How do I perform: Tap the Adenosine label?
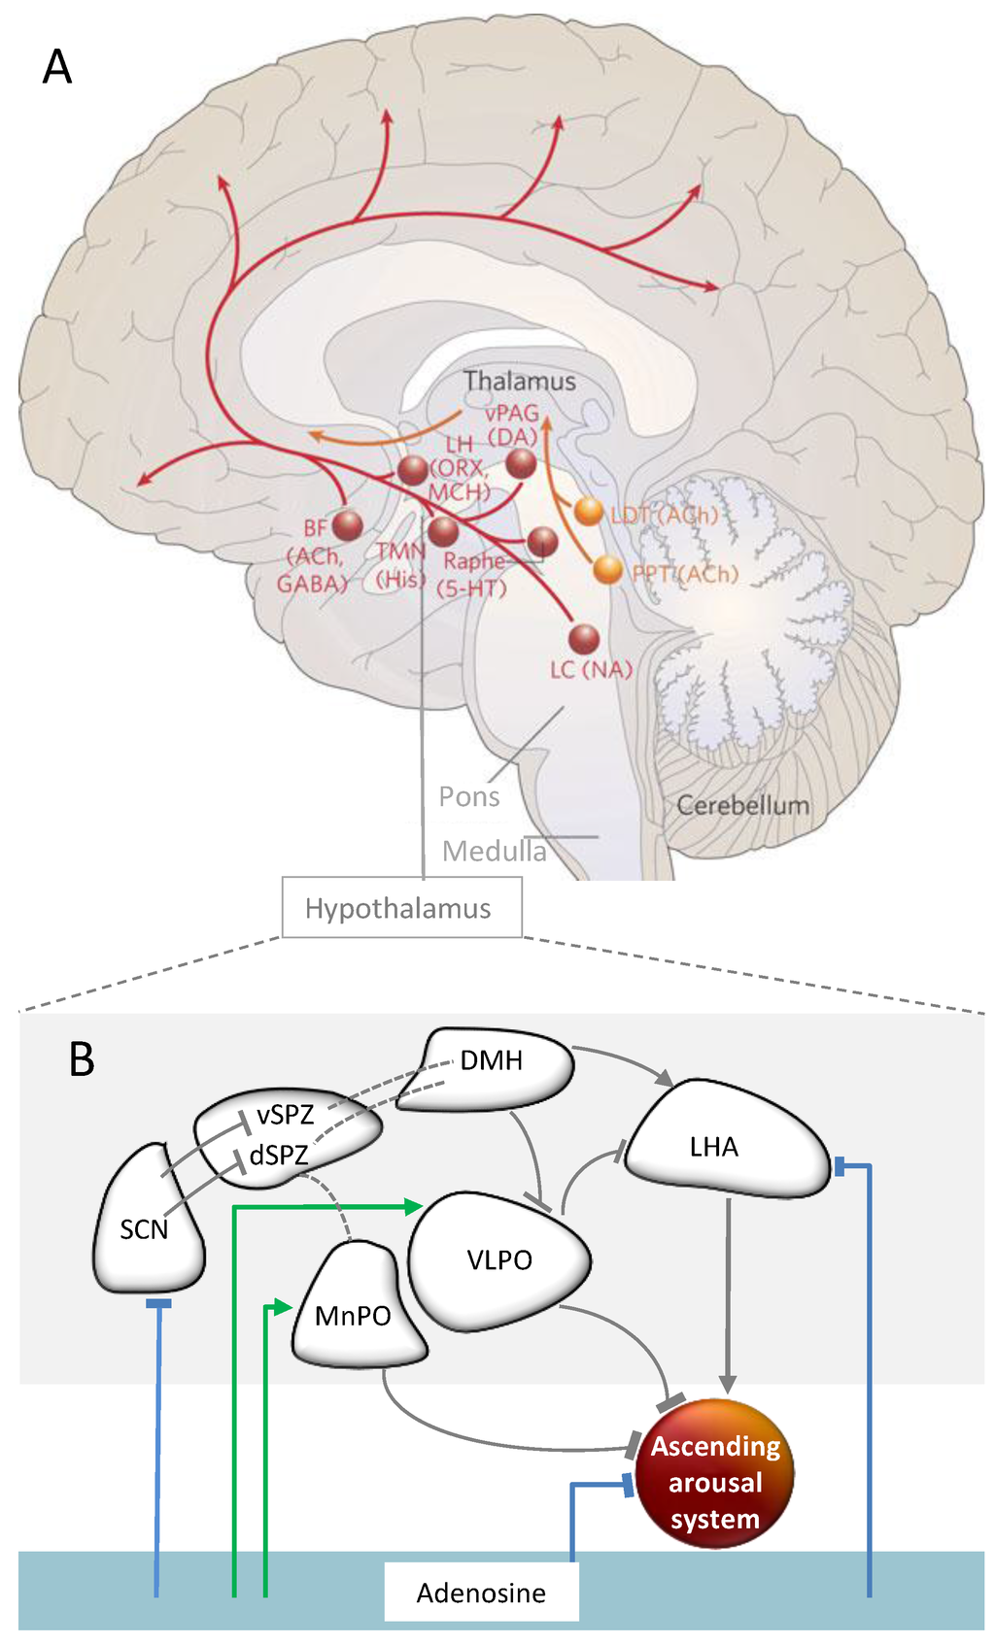click(x=481, y=1593)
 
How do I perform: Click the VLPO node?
click(x=499, y=1260)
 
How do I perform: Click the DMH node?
click(x=493, y=1060)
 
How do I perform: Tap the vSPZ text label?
click(x=285, y=1116)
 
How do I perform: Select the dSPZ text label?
click(x=279, y=1156)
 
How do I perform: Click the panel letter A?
click(x=57, y=68)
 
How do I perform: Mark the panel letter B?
click(x=82, y=1059)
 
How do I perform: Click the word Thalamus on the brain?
click(x=519, y=381)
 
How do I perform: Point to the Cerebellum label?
click(x=742, y=805)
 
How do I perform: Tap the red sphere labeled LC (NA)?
click(x=584, y=639)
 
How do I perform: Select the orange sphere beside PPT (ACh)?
click(x=608, y=569)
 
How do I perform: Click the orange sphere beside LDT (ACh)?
click(x=589, y=510)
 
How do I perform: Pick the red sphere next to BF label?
click(x=347, y=525)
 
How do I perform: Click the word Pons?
click(x=468, y=796)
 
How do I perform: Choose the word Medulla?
click(x=494, y=851)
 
